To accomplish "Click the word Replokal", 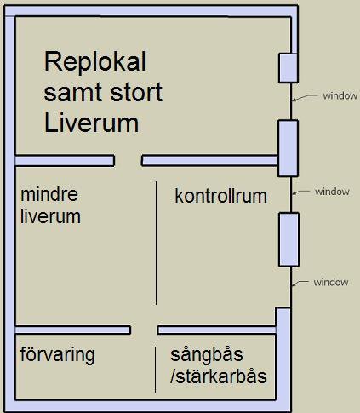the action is point(95,62).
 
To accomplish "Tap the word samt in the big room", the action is point(73,92).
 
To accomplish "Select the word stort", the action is point(136,92).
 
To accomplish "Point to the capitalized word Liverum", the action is point(91,123).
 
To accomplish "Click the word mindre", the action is point(49,194).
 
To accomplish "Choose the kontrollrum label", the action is point(221,196).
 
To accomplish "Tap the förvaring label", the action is point(58,355).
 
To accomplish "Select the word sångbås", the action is point(207,355).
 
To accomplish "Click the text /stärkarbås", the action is point(219,376).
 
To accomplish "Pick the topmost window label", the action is point(340,96).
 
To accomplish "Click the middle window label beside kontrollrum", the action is point(332,192).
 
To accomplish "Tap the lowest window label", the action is point(331,283).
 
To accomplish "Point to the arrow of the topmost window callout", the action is point(305,97).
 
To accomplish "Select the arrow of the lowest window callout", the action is point(300,284).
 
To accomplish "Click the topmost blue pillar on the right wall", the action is point(289,68).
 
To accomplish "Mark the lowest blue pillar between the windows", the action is point(289,239).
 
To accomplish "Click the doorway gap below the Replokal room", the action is point(128,161).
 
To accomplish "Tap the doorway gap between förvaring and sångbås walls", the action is point(144,330).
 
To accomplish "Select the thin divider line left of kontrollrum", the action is point(156,244).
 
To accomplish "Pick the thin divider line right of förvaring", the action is point(155,370).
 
